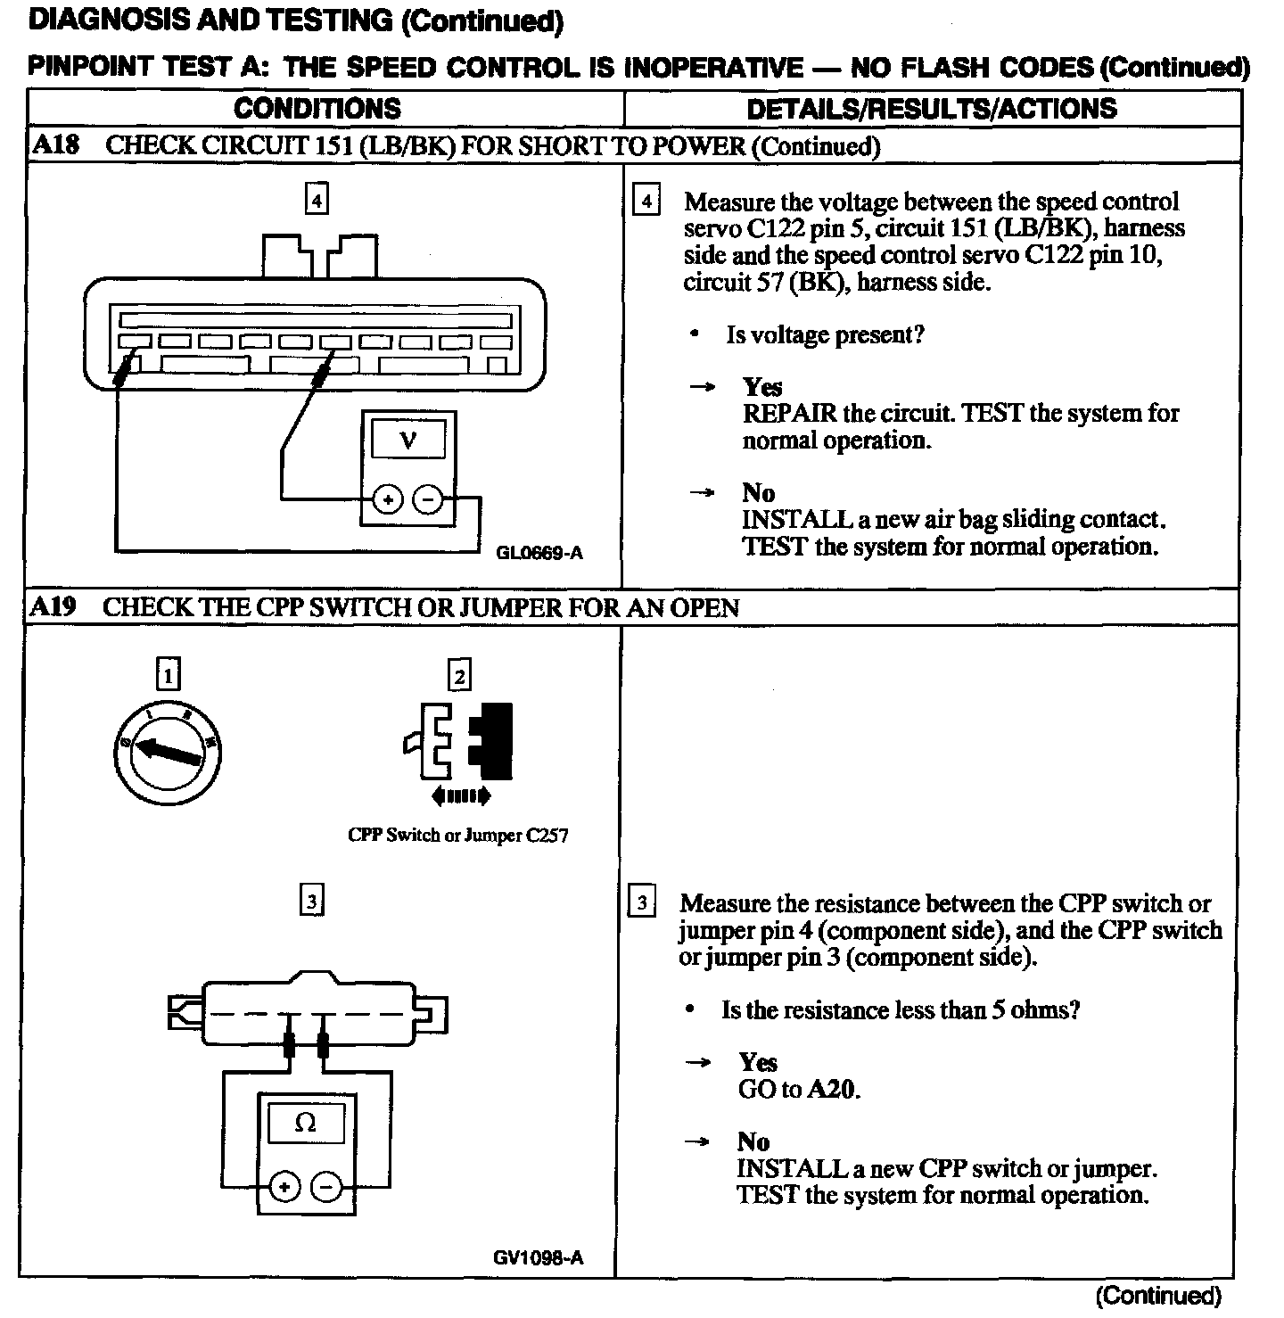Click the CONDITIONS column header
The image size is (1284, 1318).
(x=317, y=109)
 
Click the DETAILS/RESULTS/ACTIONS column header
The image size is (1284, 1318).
(x=931, y=109)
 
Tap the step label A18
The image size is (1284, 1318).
(x=55, y=145)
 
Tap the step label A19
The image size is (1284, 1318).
(x=53, y=607)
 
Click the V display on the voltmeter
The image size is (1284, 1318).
(x=408, y=439)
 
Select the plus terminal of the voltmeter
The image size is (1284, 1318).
(x=387, y=499)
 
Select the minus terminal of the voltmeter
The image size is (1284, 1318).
(x=429, y=499)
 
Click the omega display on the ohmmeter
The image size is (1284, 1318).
(x=305, y=1123)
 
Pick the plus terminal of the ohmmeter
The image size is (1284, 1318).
(x=284, y=1187)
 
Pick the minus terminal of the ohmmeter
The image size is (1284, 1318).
(x=326, y=1187)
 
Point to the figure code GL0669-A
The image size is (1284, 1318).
(x=539, y=553)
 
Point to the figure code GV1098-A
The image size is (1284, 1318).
(x=538, y=1257)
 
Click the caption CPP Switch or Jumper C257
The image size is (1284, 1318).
(x=457, y=836)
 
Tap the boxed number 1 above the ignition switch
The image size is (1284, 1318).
(x=169, y=673)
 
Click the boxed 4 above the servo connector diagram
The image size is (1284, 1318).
(x=317, y=197)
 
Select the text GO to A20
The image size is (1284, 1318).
(x=799, y=1090)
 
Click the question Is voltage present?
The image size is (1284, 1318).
(x=825, y=335)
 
